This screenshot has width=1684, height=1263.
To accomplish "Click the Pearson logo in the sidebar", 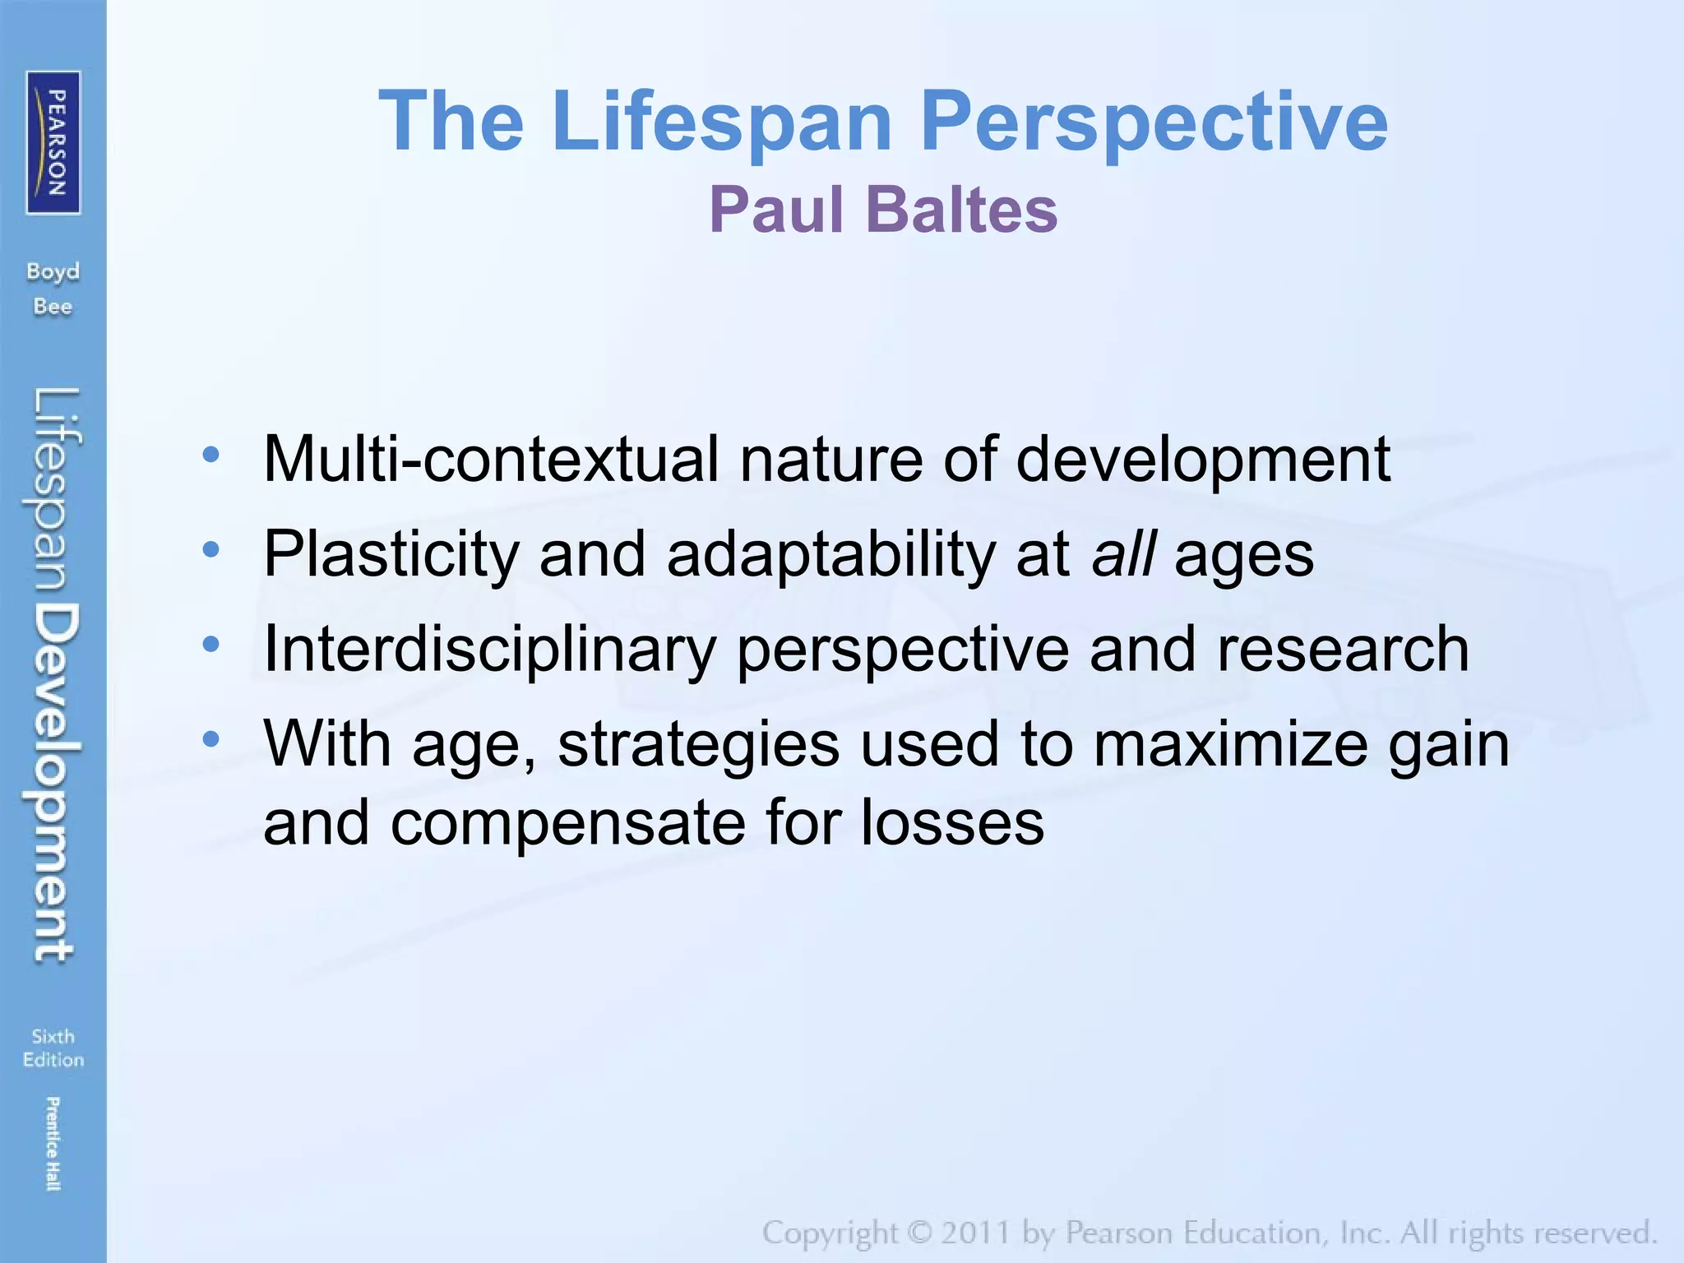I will pos(53,142).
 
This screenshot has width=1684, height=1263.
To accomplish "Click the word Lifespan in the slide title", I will pos(722,122).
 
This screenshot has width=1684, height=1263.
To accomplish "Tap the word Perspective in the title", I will pos(1154,122).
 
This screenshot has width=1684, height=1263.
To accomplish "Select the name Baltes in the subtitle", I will pos(961,210).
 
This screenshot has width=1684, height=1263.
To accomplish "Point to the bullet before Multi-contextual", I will pos(211,455).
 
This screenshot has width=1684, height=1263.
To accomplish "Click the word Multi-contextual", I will pos(491,459).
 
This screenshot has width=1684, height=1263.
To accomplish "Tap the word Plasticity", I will pos(391,554).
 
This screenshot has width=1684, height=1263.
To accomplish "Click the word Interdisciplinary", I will pos(489,650).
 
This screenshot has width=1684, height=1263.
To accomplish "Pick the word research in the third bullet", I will pos(1342,650).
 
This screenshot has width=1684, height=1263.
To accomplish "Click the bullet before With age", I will pos(211,739).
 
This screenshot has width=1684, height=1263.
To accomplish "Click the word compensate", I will pos(567,823).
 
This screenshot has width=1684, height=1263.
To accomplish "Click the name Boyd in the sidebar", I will pos(53,272).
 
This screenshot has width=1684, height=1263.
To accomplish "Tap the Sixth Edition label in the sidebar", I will pos(53,1048).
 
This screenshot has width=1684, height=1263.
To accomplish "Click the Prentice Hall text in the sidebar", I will pos(53,1143).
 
